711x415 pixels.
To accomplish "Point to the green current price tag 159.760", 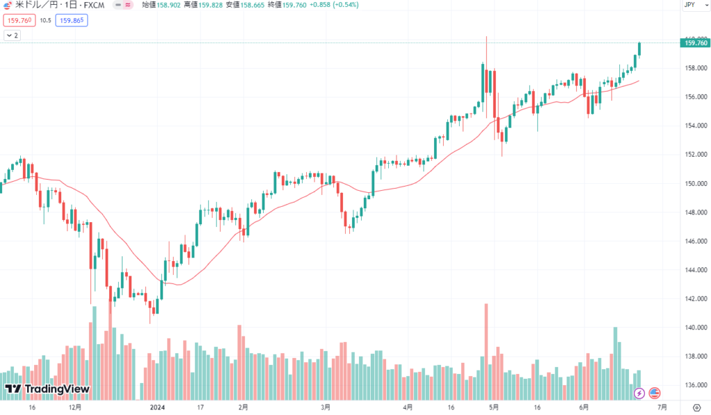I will tap(696, 43).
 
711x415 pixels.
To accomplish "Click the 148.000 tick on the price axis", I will tap(694, 212).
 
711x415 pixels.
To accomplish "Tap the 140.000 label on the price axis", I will tap(694, 328).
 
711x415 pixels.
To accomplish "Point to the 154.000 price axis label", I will tap(694, 126).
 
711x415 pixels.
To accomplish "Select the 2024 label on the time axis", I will tap(158, 407).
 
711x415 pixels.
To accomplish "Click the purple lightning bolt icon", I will tap(639, 393).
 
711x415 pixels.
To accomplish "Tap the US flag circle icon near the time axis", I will tap(655, 393).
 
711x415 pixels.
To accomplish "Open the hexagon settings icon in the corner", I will tap(696, 407).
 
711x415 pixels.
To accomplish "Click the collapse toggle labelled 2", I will tap(12, 35).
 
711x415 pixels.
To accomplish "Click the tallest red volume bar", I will tap(486, 351).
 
